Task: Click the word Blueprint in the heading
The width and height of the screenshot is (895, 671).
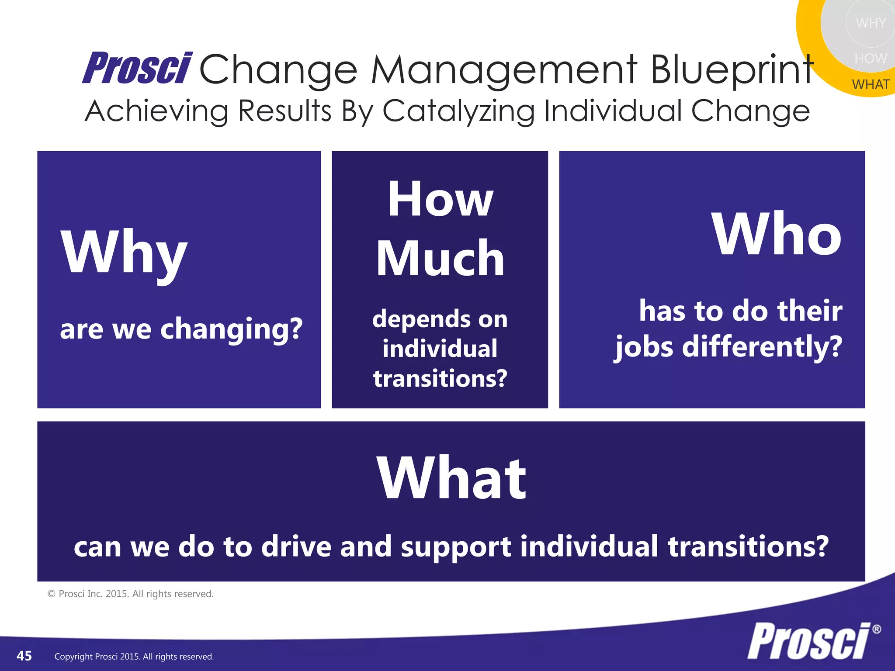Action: [732, 70]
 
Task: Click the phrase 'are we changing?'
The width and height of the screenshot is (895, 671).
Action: [181, 329]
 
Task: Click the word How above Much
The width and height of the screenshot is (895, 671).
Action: [440, 199]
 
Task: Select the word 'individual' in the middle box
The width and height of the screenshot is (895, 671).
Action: [440, 349]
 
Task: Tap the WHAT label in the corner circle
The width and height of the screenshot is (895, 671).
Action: [871, 84]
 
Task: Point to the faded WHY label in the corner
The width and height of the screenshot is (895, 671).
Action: [871, 23]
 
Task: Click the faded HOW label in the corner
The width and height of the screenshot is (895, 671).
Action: [871, 59]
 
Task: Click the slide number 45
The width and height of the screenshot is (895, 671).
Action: [24, 656]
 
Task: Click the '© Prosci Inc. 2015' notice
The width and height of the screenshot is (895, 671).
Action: [131, 594]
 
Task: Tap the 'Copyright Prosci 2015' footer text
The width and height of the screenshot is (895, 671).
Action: [134, 657]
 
